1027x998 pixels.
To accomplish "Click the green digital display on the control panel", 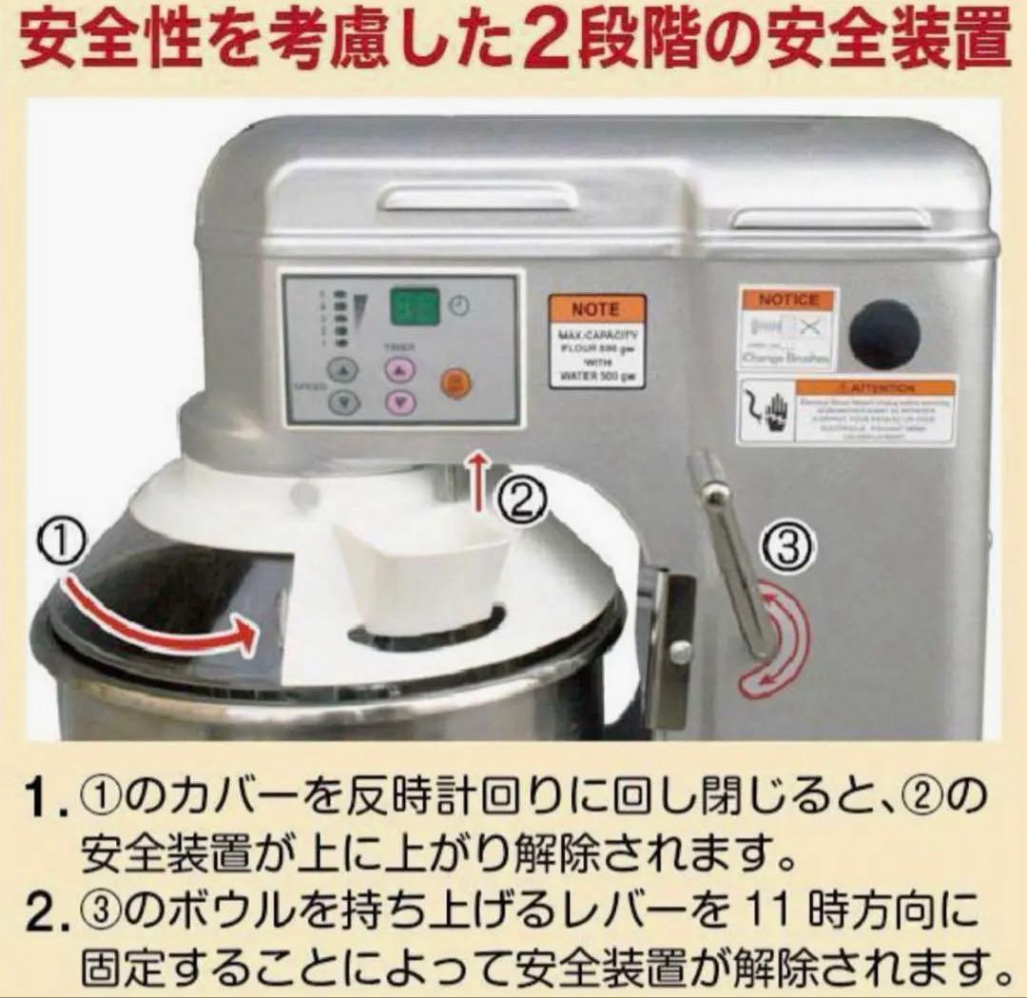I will coord(416,307).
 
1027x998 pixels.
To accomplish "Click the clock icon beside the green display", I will coord(460,306).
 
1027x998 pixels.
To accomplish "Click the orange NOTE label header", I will coord(596,309).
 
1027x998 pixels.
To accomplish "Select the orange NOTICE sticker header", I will coord(788,300).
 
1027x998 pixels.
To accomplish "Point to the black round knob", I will coord(884,335).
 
